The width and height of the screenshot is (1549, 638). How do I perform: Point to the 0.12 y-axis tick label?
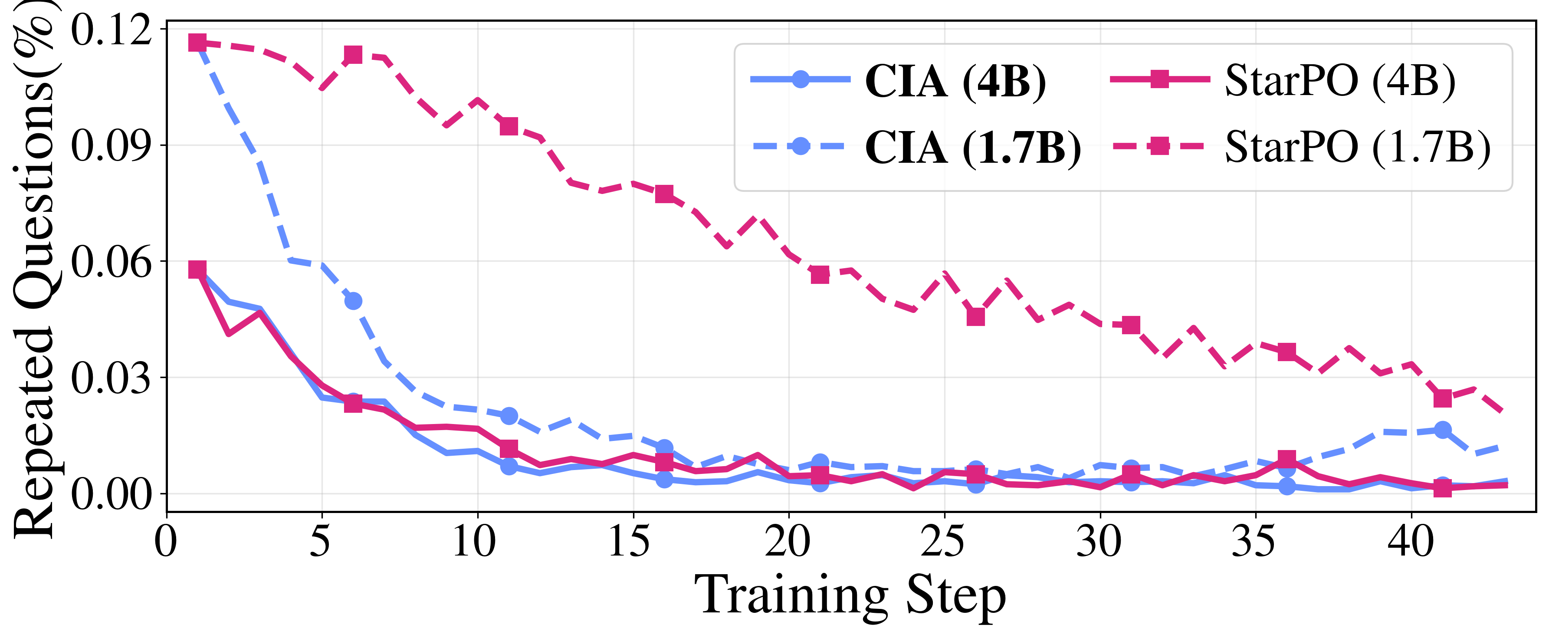coord(111,30)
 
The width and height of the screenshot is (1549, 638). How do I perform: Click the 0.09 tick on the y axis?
coord(111,145)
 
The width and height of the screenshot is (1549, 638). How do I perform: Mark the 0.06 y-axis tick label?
coord(111,262)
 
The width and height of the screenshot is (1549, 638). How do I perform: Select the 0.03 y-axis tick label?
coord(111,378)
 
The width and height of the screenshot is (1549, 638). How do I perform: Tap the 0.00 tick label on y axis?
coord(111,494)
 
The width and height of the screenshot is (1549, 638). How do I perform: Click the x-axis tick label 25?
coord(943,541)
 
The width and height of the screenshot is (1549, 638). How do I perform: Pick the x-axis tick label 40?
coord(1411,541)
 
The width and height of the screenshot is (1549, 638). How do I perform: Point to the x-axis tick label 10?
coord(475,541)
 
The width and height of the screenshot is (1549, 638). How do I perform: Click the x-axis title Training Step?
coord(850,595)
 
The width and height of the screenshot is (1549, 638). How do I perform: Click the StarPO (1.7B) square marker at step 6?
coord(353,55)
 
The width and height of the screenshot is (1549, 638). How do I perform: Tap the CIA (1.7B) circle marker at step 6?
coord(353,301)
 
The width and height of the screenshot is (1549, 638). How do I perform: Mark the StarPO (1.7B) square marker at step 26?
coord(975,317)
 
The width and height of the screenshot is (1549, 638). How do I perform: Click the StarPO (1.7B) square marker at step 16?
coord(664,194)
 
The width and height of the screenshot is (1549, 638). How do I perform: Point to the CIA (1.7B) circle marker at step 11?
coord(509,415)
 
